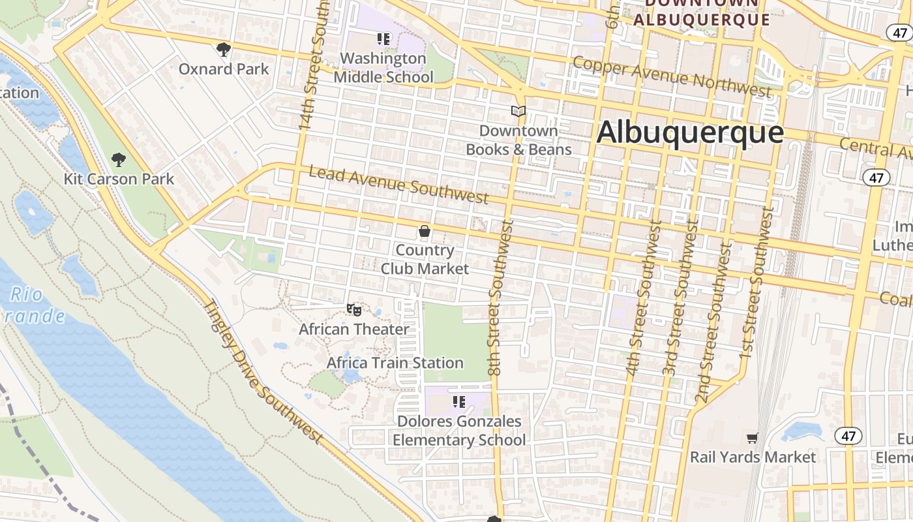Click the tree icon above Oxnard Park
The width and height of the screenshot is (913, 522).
(223, 49)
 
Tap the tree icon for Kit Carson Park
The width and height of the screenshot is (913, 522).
(118, 159)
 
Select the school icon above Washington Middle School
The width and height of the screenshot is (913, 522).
(383, 39)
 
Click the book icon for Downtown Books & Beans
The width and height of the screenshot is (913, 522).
(518, 112)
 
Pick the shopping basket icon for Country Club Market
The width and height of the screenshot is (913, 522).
(425, 231)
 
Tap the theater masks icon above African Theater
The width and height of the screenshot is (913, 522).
(354, 309)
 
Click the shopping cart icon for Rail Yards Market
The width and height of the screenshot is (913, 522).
(753, 438)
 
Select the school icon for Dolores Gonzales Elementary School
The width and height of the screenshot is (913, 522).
(458, 402)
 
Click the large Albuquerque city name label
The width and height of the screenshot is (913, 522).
(690, 132)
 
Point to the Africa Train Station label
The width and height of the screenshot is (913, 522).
(395, 363)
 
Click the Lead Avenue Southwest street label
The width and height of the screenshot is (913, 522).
(398, 184)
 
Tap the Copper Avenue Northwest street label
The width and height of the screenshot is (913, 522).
(672, 76)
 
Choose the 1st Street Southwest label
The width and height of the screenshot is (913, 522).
(756, 283)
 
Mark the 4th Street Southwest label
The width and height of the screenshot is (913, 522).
(644, 298)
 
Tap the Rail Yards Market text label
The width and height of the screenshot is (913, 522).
(753, 457)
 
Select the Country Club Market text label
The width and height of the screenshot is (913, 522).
(425, 259)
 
